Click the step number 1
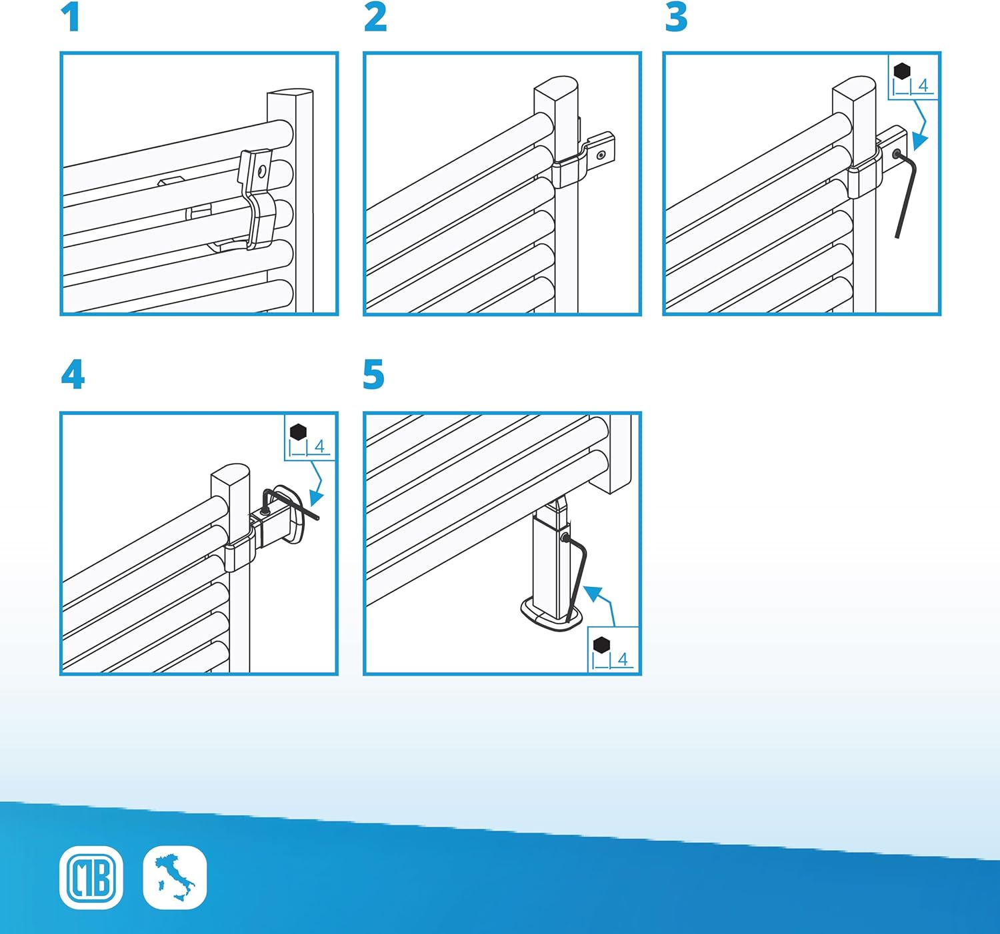(71, 17)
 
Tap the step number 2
(375, 17)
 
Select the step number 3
(676, 17)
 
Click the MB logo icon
(91, 877)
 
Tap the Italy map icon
(175, 877)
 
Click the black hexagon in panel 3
(902, 71)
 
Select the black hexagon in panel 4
(299, 432)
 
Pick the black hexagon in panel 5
(602, 645)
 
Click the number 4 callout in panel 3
(923, 85)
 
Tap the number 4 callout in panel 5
(623, 660)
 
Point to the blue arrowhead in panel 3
(919, 141)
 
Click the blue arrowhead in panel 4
(316, 498)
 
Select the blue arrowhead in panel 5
(594, 594)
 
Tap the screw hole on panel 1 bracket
(262, 172)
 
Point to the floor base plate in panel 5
(551, 615)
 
